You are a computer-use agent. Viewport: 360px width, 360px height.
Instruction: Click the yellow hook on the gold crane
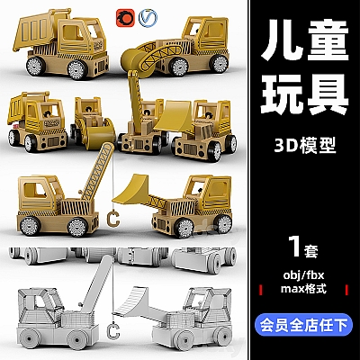[112, 216]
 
